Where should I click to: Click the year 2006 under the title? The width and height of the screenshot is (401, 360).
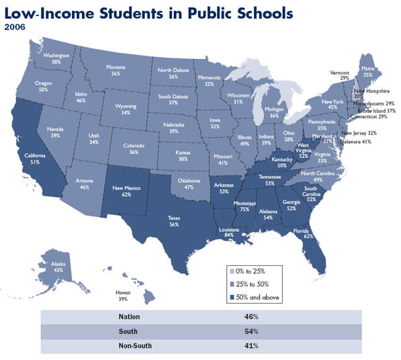coord(15,28)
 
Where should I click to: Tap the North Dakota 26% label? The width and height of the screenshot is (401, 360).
coord(173,73)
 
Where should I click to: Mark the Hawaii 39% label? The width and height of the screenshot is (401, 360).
coord(124,295)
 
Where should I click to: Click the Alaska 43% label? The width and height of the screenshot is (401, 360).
coord(58,267)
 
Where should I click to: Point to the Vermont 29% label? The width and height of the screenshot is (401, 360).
coord(340,75)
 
